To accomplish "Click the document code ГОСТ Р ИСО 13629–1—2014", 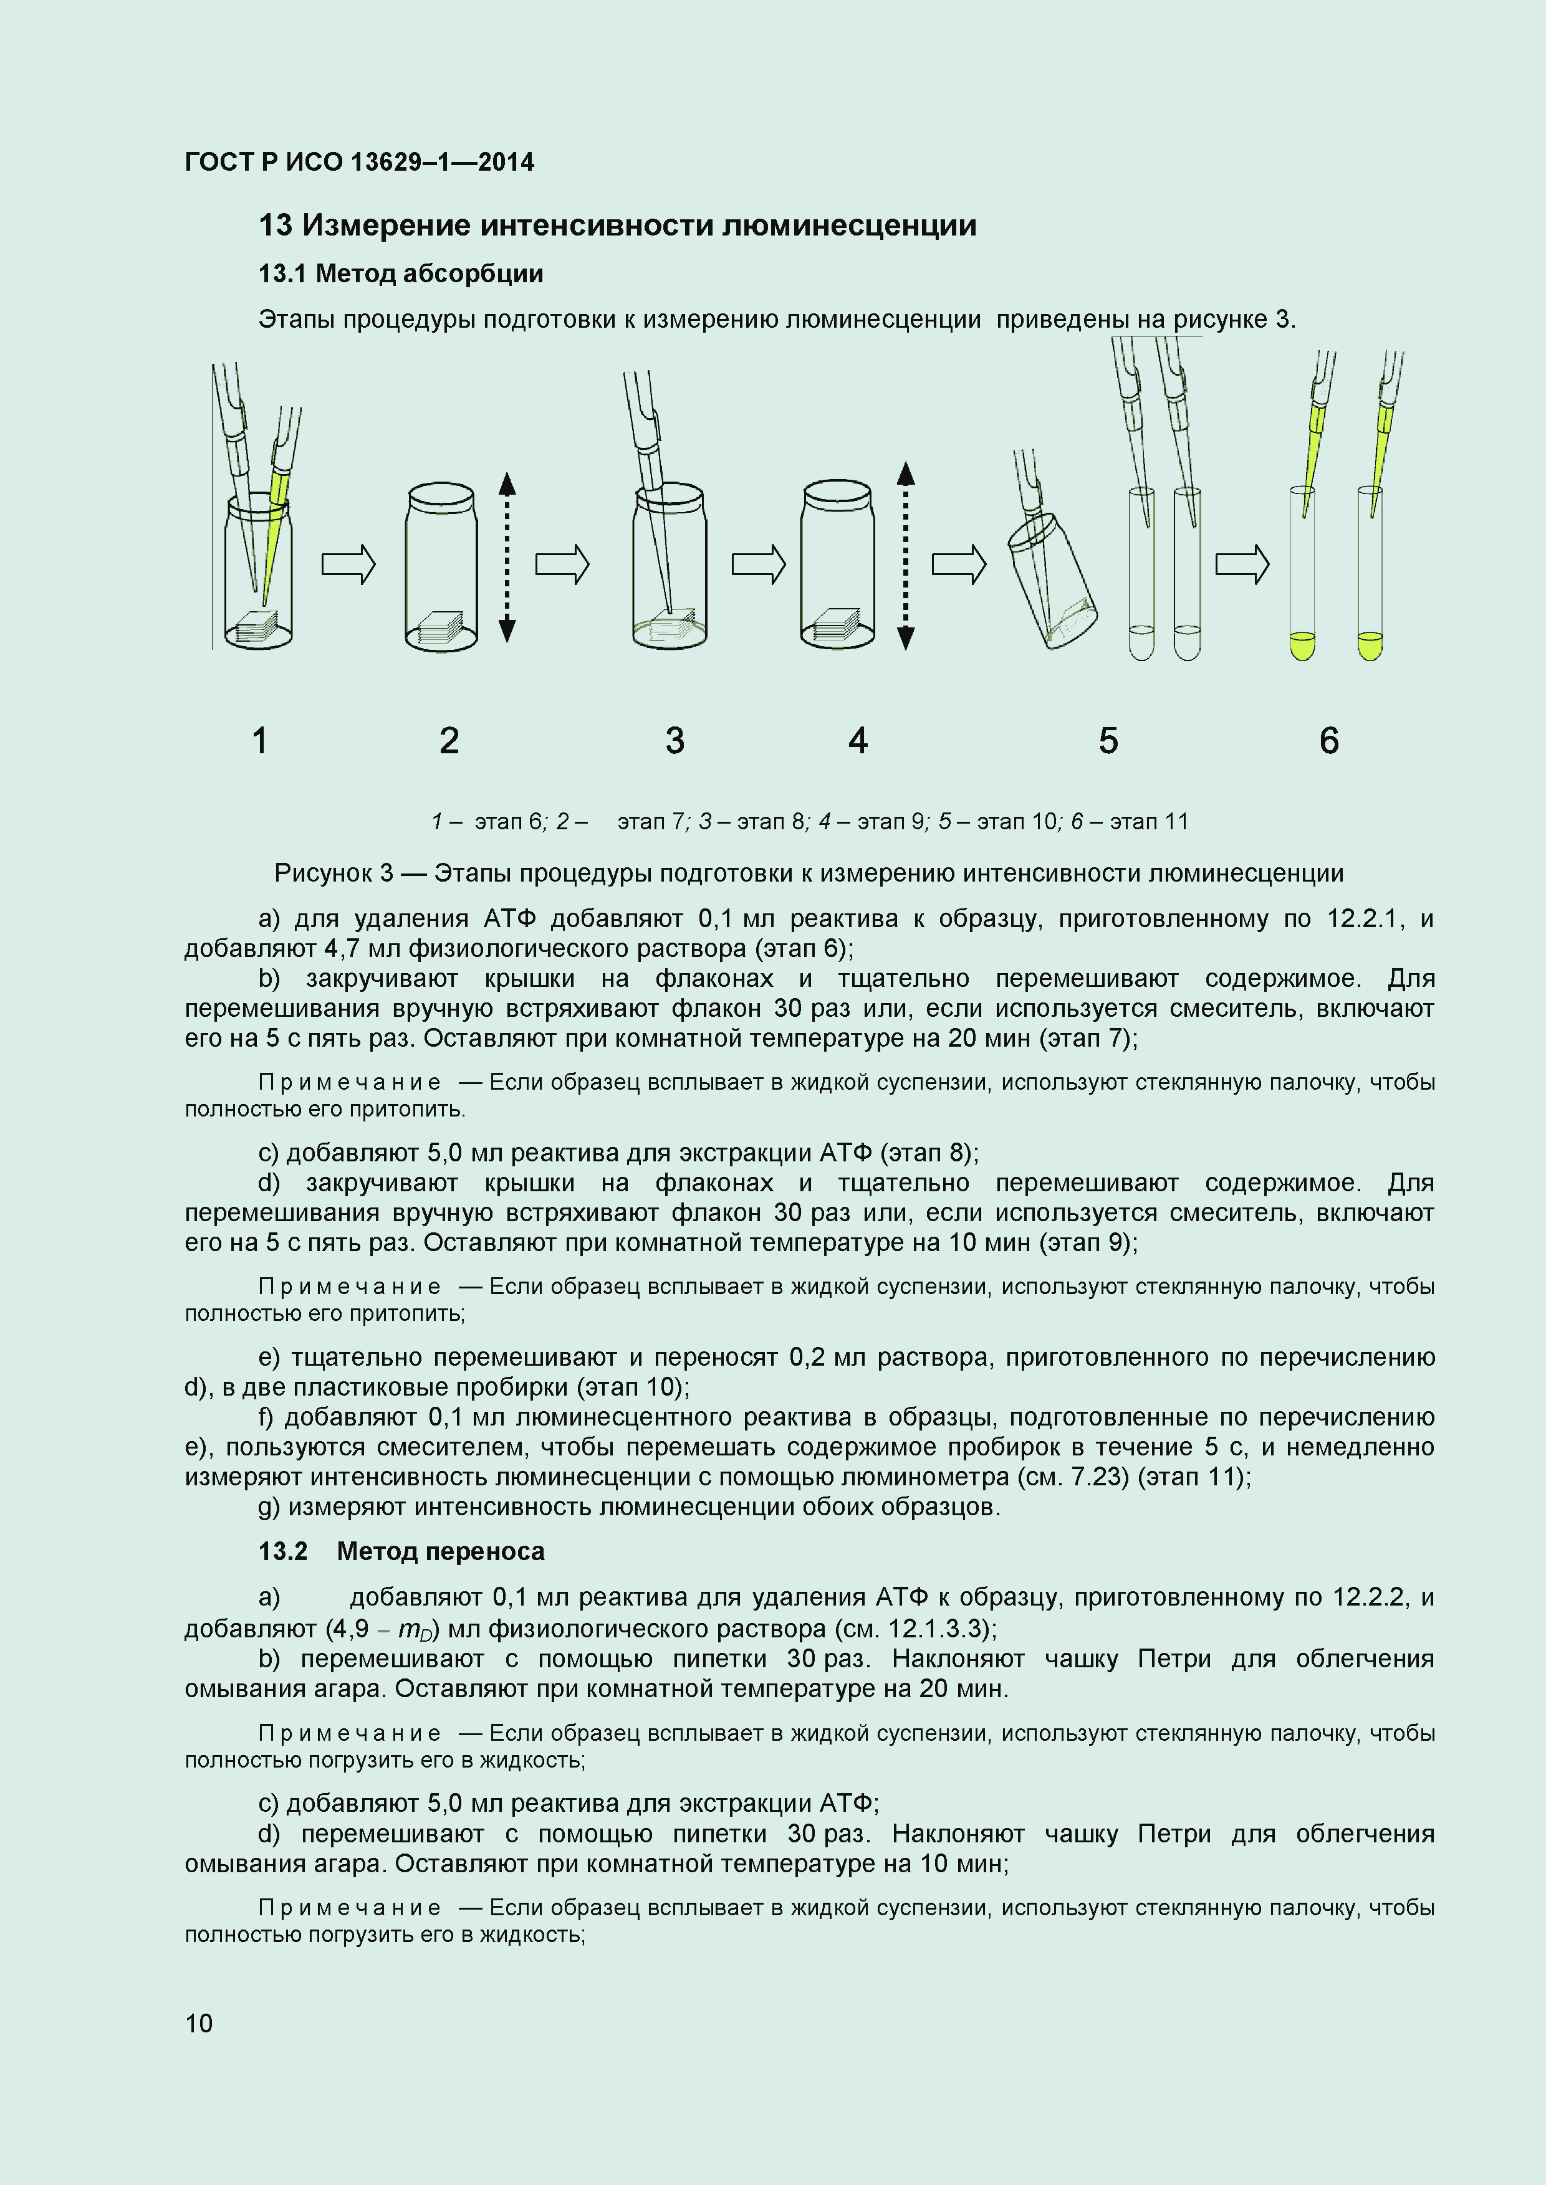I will [359, 163].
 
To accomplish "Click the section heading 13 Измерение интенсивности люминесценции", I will [617, 226].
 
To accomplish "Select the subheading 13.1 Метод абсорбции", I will [401, 274].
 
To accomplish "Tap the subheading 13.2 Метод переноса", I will [401, 1551].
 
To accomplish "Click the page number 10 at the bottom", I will [199, 2023].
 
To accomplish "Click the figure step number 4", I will [858, 740].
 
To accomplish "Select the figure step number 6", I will [1329, 740].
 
